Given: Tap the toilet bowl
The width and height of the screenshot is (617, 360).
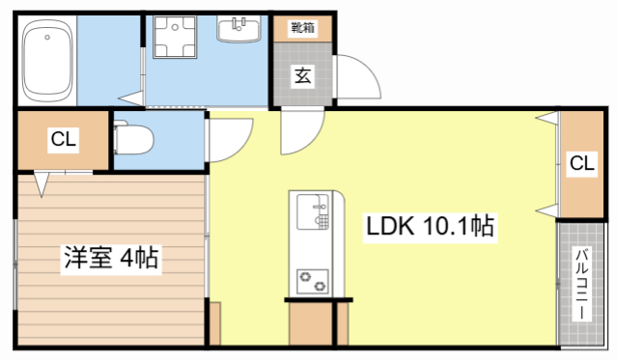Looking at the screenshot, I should coord(134,140).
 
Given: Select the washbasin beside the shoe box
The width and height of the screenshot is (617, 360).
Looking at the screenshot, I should coord(238,32).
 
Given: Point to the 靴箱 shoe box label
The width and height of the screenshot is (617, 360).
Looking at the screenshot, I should coord(302,27).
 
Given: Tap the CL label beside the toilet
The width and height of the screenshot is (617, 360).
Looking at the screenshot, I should coord(64,140).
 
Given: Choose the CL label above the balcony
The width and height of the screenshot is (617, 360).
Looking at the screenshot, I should coord(581,163).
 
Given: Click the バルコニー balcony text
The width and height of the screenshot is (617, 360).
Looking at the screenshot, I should coord(583,284).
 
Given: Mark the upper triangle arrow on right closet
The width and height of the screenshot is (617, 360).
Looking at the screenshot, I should coord(546,119).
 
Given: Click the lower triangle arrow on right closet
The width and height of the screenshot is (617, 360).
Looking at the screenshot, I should coord(546,210).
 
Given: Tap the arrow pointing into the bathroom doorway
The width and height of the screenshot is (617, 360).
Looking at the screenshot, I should coord(127,97).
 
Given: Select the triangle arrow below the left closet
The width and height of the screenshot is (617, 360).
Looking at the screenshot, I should coord(42,180).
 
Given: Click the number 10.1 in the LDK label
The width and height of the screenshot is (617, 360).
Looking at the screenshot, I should coord(445,228).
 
